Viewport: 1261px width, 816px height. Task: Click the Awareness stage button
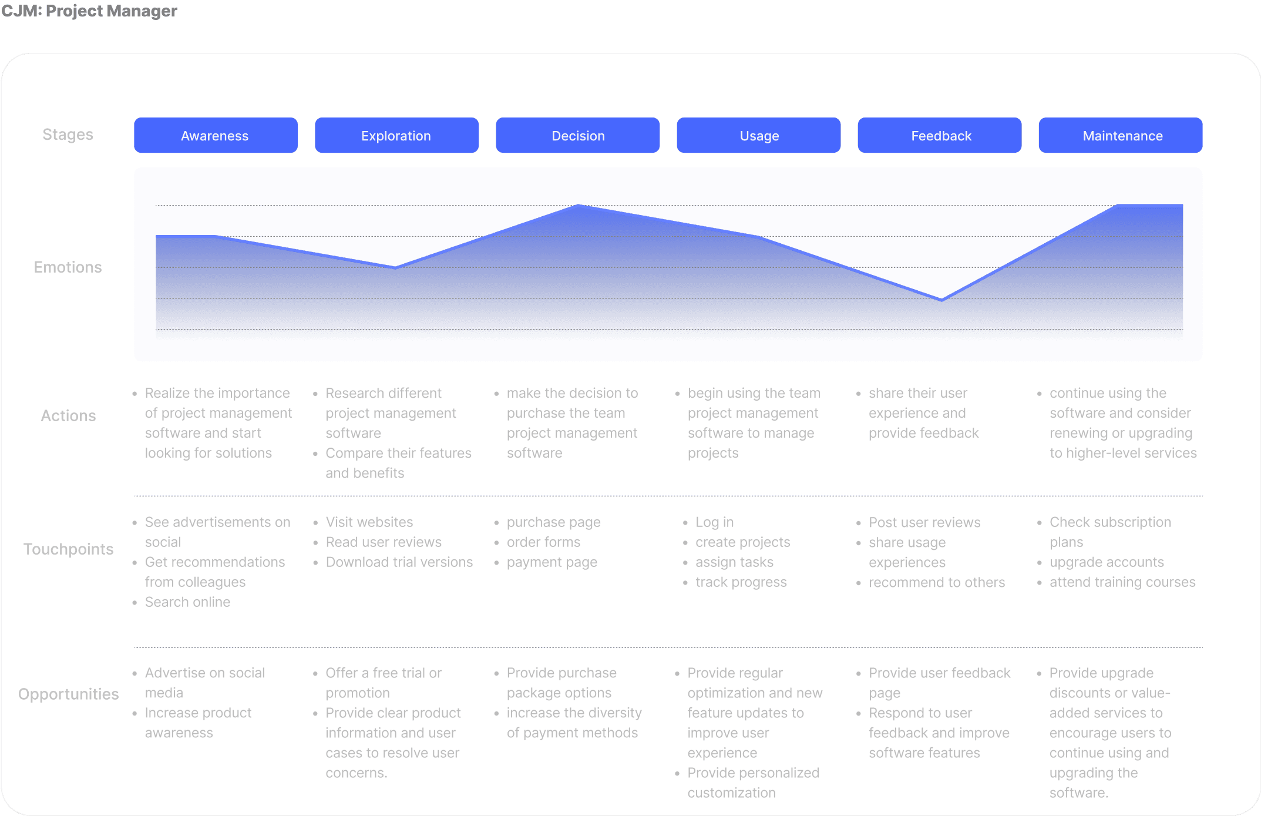[x=215, y=136]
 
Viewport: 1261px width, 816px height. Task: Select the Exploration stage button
[x=396, y=136]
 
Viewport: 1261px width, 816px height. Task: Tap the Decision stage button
[x=578, y=136]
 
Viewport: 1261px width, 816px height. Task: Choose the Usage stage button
[x=759, y=136]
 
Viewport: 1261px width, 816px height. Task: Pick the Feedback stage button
[x=940, y=136]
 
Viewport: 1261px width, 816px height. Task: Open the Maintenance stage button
[x=1121, y=136]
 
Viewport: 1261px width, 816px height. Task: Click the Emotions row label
[x=68, y=267]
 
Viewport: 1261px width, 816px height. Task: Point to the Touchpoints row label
[x=68, y=549]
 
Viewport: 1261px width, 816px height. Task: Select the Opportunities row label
[x=68, y=694]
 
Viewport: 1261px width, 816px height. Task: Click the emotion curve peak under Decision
[x=579, y=206]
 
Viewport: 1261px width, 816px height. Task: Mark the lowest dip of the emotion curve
[x=941, y=300]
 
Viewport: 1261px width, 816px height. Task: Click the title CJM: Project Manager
[x=89, y=11]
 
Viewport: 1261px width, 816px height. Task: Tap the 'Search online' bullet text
[x=187, y=602]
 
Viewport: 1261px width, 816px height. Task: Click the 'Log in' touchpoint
[x=714, y=522]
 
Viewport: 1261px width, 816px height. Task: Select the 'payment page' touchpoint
[x=552, y=562]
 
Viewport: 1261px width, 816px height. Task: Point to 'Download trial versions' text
[x=399, y=562]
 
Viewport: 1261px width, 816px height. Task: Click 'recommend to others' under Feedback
[x=936, y=583]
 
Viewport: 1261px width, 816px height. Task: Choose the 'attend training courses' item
[x=1122, y=582]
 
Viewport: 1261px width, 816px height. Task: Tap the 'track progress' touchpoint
[x=741, y=582]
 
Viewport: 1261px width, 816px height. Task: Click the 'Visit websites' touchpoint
[x=369, y=522]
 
